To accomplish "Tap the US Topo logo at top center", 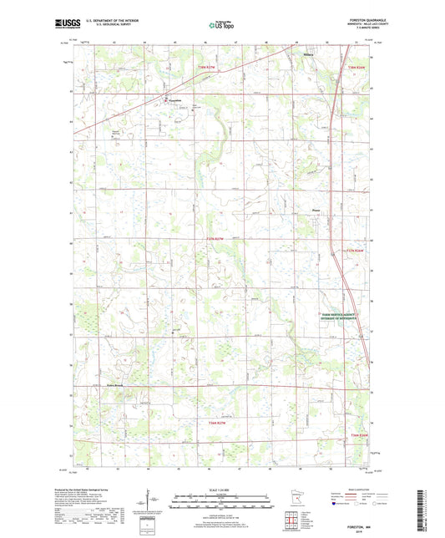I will point(220,25).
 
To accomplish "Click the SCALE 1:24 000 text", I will point(221,490).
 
